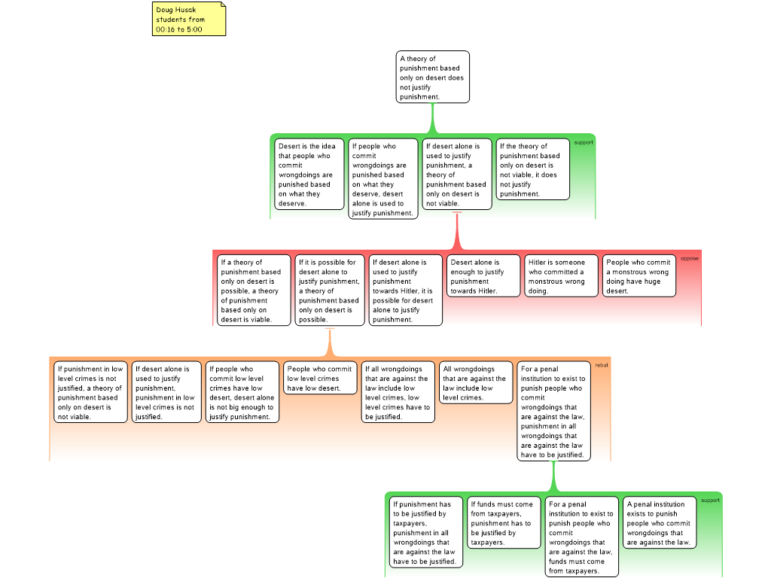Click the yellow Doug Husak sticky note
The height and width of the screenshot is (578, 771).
pyautogui.click(x=189, y=19)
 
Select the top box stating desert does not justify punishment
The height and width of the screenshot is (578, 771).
pyautogui.click(x=433, y=78)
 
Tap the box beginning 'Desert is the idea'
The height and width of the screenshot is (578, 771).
pyautogui.click(x=309, y=175)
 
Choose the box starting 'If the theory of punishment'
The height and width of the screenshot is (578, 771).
pyautogui.click(x=532, y=169)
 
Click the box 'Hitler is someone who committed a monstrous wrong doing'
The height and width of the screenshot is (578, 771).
pyautogui.click(x=561, y=275)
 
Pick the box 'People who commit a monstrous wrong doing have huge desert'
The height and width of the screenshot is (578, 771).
pyautogui.click(x=639, y=275)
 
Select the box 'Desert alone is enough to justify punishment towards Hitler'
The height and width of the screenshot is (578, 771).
pyautogui.click(x=483, y=275)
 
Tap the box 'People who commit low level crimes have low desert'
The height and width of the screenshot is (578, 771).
pyautogui.click(x=320, y=378)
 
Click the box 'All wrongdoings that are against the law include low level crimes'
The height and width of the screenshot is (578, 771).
pyautogui.click(x=476, y=383)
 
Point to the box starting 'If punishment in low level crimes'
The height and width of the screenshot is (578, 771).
pyautogui.click(x=90, y=392)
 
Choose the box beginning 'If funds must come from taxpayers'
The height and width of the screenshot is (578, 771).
pyautogui.click(x=504, y=522)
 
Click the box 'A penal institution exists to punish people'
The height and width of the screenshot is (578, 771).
pyautogui.click(x=660, y=522)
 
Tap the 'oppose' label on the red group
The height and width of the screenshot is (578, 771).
pyautogui.click(x=690, y=259)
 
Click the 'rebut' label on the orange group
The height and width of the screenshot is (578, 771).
pyautogui.click(x=602, y=365)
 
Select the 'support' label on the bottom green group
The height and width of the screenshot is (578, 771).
pyautogui.click(x=710, y=500)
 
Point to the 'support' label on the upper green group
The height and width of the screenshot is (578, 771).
pyautogui.click(x=584, y=142)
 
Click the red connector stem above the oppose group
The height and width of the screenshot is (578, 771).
pyautogui.click(x=457, y=231)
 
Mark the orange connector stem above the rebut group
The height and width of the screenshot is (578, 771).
pyautogui.click(x=330, y=342)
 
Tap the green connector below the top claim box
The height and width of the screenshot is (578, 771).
pyautogui.click(x=433, y=118)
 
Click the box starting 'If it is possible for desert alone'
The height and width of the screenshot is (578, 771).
pyautogui.click(x=330, y=290)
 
